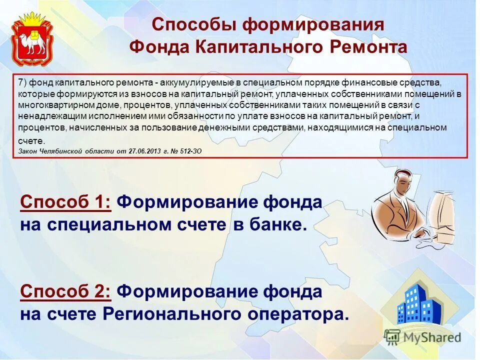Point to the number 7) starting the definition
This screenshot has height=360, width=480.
click(x=22, y=82)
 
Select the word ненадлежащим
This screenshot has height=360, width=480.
click(x=43, y=116)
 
